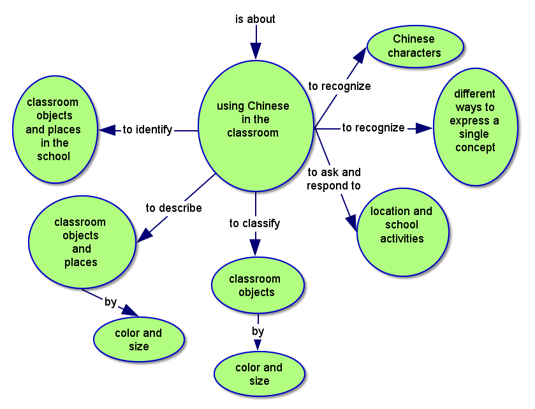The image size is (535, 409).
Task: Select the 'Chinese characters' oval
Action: tap(414, 47)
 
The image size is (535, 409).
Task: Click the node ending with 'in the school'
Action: tap(54, 130)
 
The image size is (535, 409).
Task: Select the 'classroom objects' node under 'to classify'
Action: tap(256, 285)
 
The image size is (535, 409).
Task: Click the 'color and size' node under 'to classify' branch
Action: tap(260, 374)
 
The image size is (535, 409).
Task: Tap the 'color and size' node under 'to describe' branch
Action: tap(138, 339)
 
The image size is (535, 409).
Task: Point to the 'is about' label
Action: tap(255, 19)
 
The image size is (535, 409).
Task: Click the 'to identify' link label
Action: tap(147, 130)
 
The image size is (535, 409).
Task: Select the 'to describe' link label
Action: tap(173, 208)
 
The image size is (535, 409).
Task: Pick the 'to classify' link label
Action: tap(254, 223)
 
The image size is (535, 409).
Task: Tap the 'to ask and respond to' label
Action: tap(333, 179)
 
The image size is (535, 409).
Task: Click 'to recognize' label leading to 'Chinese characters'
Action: tap(339, 86)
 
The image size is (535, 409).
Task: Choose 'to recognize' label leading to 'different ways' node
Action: tap(373, 128)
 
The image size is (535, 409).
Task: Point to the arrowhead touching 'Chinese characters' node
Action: tap(360, 54)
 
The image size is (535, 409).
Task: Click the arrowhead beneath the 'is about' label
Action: tap(256, 50)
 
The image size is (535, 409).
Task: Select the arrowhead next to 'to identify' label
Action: tap(108, 130)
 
